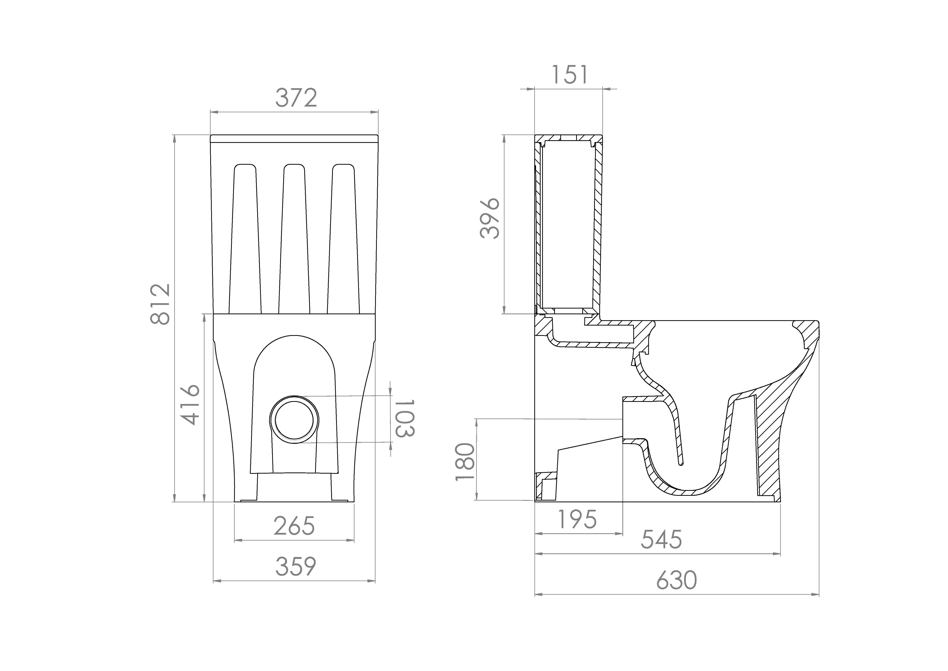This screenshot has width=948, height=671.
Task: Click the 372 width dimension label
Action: point(296,98)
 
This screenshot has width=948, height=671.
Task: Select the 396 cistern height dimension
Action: point(490,218)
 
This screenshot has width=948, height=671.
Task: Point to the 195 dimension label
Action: point(577,519)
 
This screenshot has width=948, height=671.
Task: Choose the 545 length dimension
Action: point(661,540)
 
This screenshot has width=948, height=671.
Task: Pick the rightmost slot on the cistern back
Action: point(344,240)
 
